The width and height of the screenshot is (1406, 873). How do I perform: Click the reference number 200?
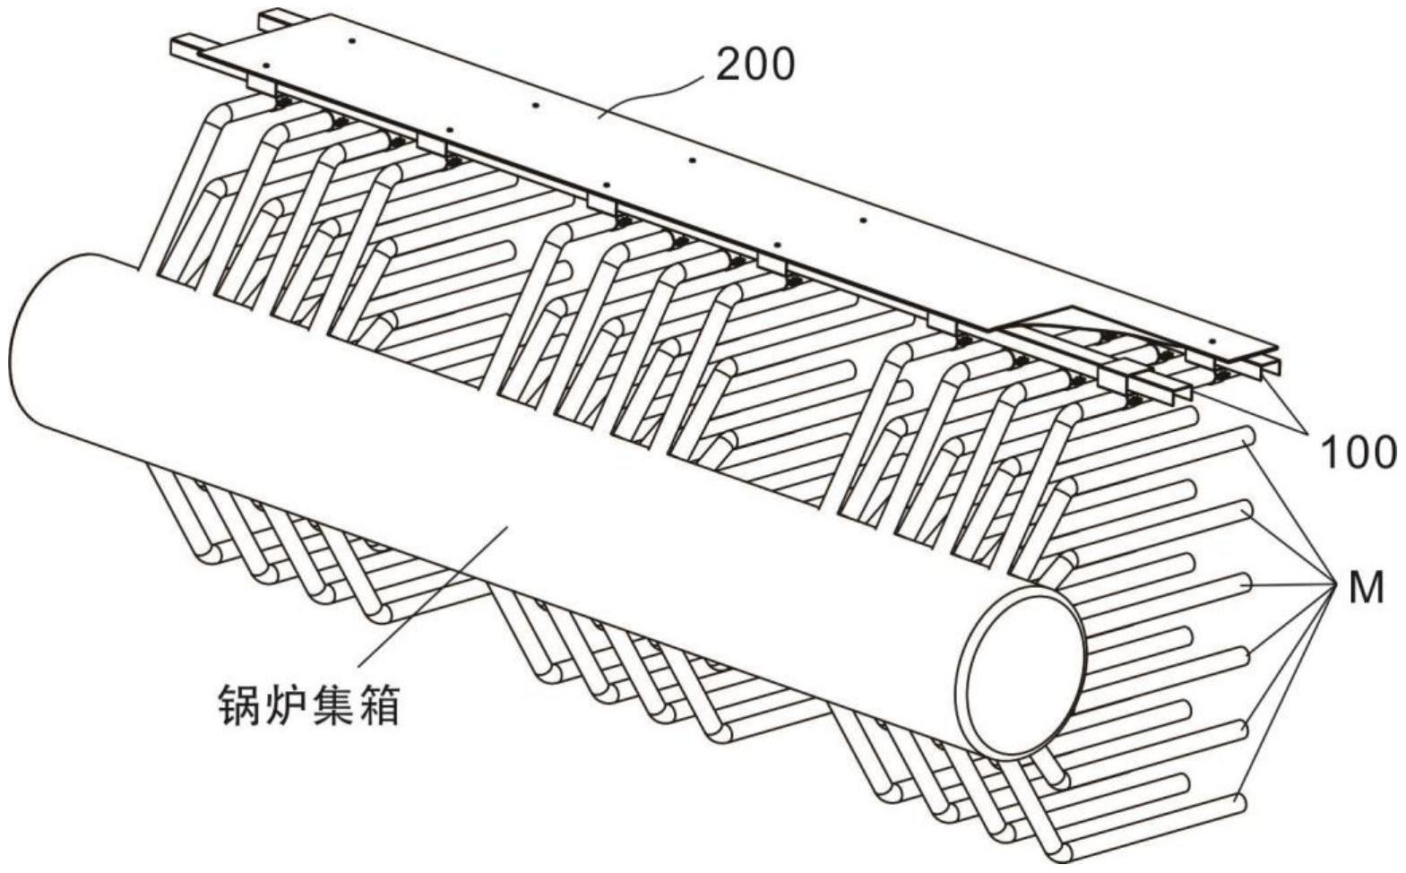tap(755, 66)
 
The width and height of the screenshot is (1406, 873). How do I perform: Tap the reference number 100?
tap(1359, 453)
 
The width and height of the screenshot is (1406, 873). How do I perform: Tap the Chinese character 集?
tap(332, 704)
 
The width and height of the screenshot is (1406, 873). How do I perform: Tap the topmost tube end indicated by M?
tap(1245, 436)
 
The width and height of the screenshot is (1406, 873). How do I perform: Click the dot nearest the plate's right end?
tap(1213, 341)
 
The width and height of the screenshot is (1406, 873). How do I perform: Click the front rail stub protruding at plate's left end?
tap(187, 48)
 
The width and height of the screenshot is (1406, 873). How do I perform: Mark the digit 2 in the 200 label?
tap(729, 66)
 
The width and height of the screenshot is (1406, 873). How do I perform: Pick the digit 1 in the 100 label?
tap(1330, 453)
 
